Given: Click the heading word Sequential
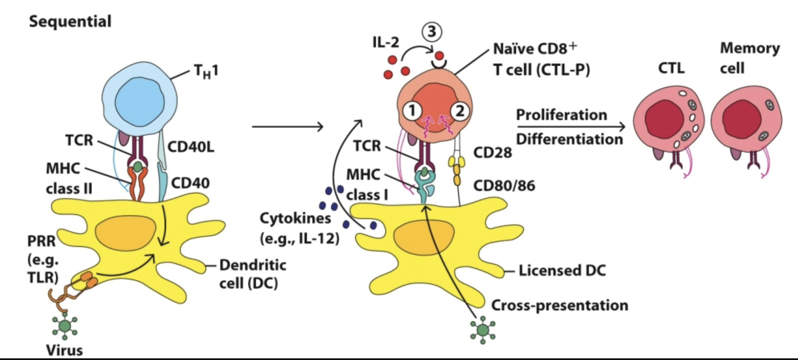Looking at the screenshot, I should pos(70,22).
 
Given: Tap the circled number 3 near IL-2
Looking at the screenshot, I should pos(432,32).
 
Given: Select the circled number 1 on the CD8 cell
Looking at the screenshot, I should pos(412,111).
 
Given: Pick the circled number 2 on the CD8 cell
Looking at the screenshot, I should pos(460,111).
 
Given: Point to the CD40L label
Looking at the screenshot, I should pos(191,147).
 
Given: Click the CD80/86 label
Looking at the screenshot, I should pos(504,186).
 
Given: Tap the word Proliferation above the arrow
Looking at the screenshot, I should pos(561,115).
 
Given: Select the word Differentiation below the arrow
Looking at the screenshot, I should pos(569,139).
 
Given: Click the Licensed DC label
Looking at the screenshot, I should pos(562,271).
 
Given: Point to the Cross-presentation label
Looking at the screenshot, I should pos(560,306).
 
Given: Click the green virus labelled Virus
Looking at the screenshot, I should pos(65,326).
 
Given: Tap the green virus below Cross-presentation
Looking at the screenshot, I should pos(483,330).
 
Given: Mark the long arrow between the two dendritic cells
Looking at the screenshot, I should pos(287,126).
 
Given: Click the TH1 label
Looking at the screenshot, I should pos(206,72).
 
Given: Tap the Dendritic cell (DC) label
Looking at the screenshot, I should pos(252,274).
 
